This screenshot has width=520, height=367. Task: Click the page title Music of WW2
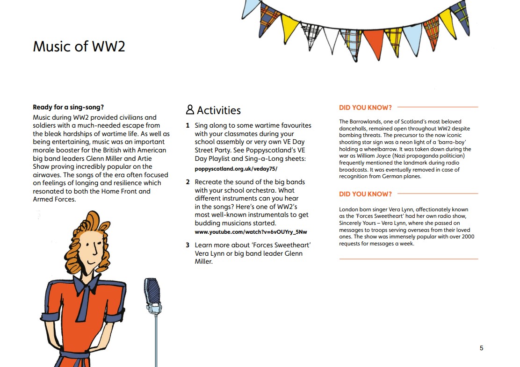click(79, 47)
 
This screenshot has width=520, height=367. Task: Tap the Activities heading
click(218, 110)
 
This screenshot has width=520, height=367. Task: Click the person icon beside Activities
click(190, 110)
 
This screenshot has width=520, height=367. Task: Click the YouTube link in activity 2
click(251, 232)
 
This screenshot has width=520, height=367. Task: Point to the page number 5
click(482, 348)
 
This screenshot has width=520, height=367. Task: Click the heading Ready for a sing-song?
click(62, 107)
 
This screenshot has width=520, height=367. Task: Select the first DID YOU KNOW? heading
click(365, 108)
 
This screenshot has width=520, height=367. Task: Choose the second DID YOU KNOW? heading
click(365, 194)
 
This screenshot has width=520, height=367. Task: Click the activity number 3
click(188, 245)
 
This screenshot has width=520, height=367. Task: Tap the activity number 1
click(188, 125)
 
